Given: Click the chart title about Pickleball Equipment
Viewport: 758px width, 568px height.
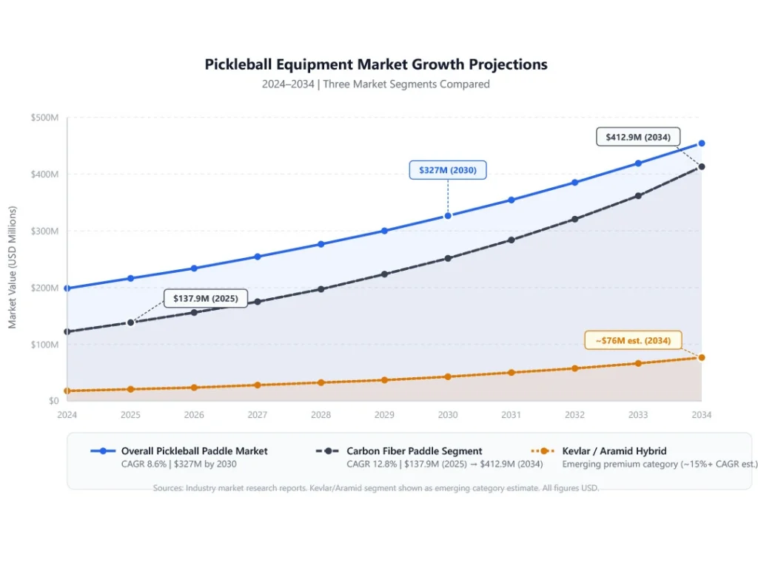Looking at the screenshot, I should pyautogui.click(x=376, y=64).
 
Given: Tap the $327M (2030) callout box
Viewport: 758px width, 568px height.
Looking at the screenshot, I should pyautogui.click(x=448, y=170).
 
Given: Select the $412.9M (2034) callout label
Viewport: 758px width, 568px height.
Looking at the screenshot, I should pyautogui.click(x=637, y=137).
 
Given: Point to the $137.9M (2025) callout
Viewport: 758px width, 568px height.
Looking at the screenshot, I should pyautogui.click(x=205, y=298).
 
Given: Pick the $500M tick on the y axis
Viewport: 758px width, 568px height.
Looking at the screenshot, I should pyautogui.click(x=44, y=118).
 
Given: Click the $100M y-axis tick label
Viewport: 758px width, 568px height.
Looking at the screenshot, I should pyautogui.click(x=44, y=345).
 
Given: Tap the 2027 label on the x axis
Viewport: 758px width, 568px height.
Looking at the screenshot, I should pyautogui.click(x=258, y=416).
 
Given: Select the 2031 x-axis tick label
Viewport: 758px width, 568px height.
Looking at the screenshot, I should pyautogui.click(x=512, y=416).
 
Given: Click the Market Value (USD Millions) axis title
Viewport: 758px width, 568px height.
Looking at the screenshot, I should pyautogui.click(x=13, y=267).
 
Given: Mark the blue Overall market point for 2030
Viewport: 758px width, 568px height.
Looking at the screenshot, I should pyautogui.click(x=448, y=216).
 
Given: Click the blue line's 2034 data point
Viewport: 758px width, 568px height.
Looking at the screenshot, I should pyautogui.click(x=702, y=143).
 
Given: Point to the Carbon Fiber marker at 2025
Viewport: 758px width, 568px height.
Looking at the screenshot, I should pyautogui.click(x=131, y=322).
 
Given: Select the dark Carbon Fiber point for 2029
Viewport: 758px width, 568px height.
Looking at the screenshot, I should pyautogui.click(x=384, y=274).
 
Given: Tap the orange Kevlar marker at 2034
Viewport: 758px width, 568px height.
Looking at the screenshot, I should pyautogui.click(x=702, y=358).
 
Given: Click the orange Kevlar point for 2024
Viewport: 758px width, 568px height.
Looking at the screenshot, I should pyautogui.click(x=67, y=391).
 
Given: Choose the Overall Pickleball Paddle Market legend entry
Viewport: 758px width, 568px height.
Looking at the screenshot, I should pyautogui.click(x=194, y=451).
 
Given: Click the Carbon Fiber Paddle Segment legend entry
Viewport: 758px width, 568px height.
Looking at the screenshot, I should pyautogui.click(x=414, y=451).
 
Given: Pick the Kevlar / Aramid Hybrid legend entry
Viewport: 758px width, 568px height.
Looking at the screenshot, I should pyautogui.click(x=614, y=451).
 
